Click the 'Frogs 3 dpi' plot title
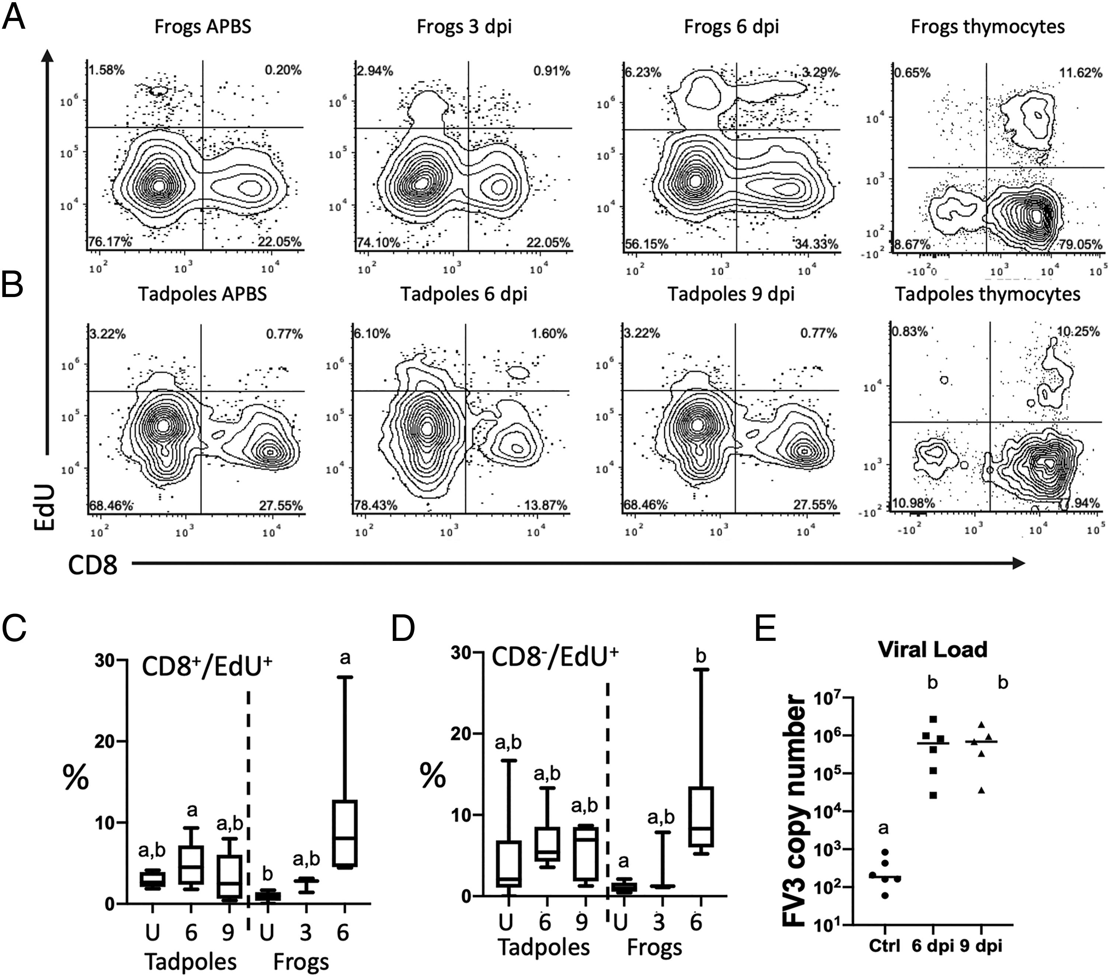click(464, 27)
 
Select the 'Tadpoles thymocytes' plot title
click(987, 294)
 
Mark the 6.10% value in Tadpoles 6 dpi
click(372, 333)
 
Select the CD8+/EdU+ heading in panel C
click(207, 667)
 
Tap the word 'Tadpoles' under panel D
click(544, 947)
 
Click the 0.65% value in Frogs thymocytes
click(913, 72)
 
